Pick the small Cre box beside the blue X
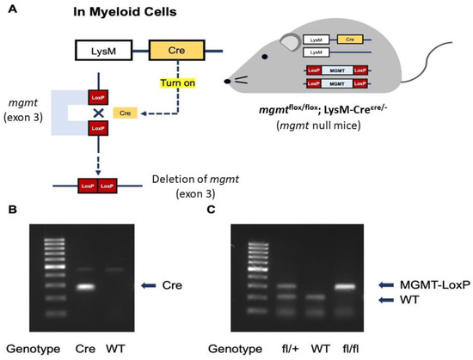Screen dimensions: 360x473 point(126,113)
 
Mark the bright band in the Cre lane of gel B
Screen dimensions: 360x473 point(107,287)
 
